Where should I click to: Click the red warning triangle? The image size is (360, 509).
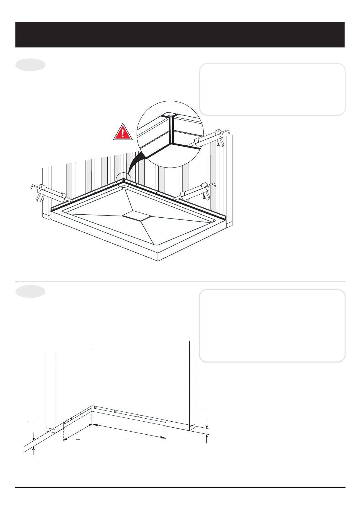[123, 132]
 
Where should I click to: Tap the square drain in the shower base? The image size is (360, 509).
[137, 216]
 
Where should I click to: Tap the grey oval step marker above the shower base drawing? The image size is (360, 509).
[30, 65]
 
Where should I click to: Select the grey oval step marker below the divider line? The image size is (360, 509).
[30, 291]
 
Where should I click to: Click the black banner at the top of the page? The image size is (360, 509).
[180, 34]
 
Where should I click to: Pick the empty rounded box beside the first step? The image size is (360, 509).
[272, 89]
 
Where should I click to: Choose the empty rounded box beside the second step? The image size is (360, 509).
[272, 326]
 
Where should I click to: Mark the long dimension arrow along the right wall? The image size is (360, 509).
[129, 431]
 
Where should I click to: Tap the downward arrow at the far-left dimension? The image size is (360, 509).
[34, 436]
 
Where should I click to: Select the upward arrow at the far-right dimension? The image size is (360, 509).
[207, 439]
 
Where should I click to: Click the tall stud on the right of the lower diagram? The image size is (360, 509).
[192, 384]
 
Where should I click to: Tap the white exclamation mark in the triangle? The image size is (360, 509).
[123, 133]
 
